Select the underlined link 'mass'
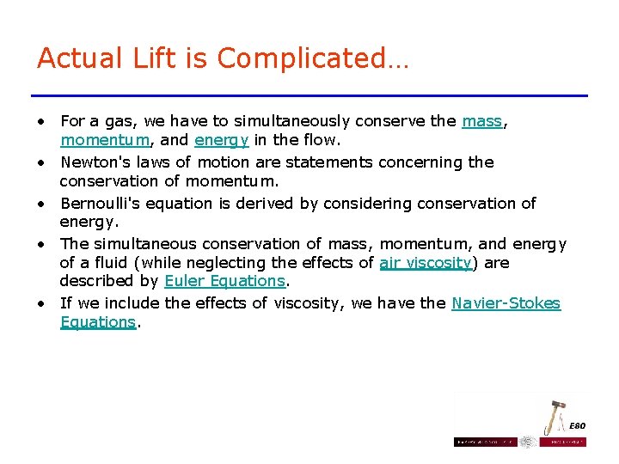(x=481, y=121)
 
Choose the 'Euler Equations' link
(x=224, y=281)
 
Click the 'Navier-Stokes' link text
(x=506, y=302)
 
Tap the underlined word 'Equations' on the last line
(x=98, y=322)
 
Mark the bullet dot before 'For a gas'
(x=41, y=122)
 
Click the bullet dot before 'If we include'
(x=41, y=303)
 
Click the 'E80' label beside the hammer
(x=578, y=425)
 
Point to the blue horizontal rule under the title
(x=309, y=95)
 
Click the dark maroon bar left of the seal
(x=485, y=442)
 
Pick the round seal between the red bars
(x=528, y=442)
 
